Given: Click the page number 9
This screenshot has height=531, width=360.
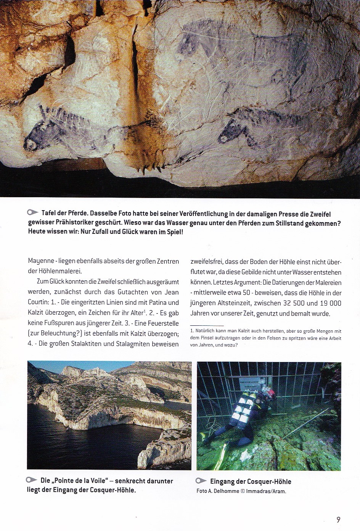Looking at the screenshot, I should click(338, 520).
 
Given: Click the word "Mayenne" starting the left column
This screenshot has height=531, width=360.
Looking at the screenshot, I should click(41, 261).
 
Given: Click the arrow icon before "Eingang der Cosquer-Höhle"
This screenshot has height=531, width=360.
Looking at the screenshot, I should click(201, 481).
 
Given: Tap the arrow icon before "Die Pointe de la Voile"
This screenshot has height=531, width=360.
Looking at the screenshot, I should click(32, 480).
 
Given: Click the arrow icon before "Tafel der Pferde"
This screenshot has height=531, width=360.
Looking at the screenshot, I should click(33, 212).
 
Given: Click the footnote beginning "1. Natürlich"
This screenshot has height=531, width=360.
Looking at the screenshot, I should click(265, 338).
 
